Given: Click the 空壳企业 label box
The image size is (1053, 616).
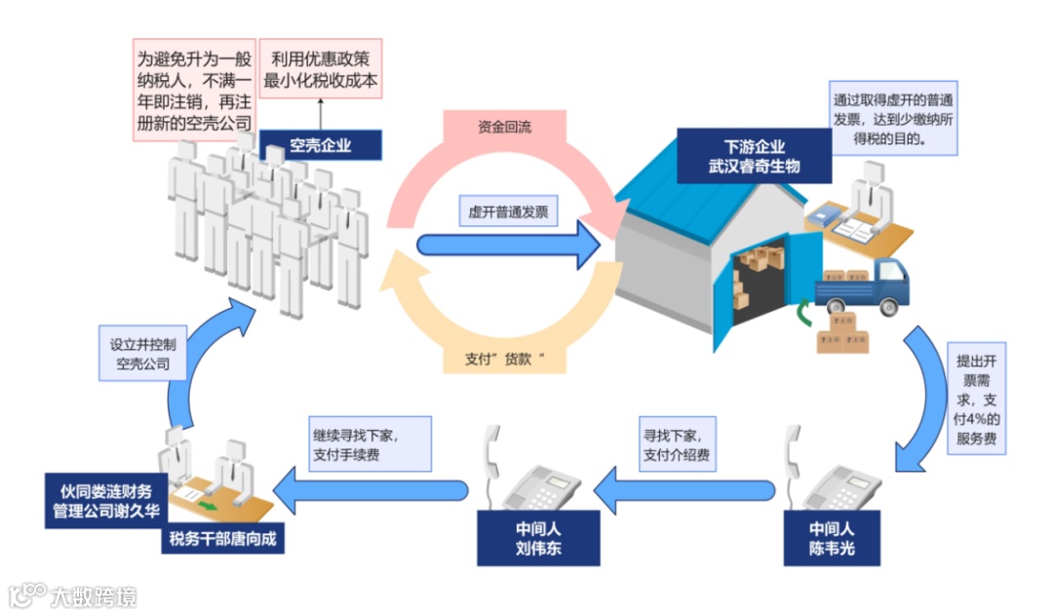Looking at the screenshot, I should (x=320, y=147).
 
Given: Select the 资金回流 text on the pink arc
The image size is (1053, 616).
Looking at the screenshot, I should (x=504, y=127).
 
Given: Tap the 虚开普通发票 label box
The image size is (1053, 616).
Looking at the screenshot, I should (x=508, y=211).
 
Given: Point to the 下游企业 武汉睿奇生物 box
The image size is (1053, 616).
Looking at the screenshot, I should (x=755, y=156).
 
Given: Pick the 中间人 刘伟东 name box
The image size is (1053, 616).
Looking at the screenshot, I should (x=538, y=538).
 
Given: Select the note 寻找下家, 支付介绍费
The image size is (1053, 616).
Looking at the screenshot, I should (x=677, y=444).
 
